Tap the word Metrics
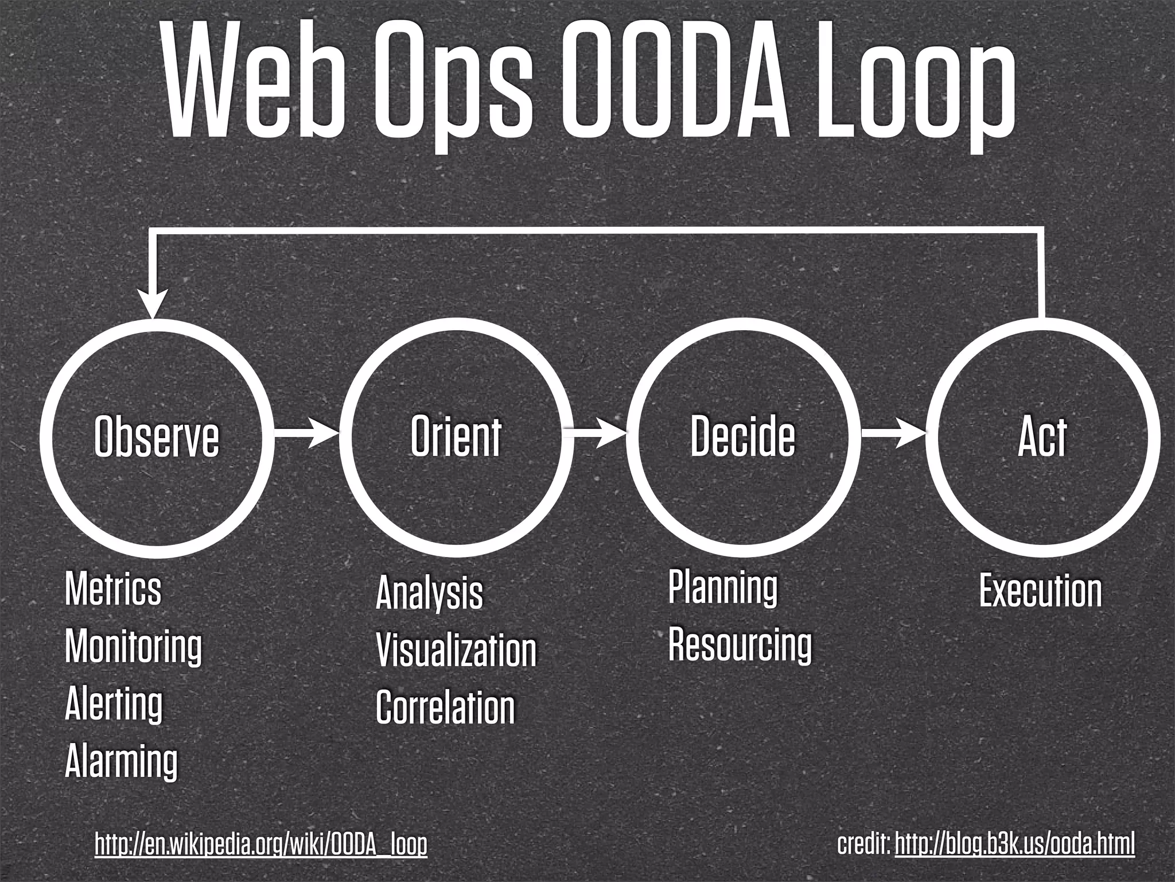[113, 589]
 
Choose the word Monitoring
[133, 647]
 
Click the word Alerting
[114, 704]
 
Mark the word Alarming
[121, 761]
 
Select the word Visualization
[456, 651]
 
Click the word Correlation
[445, 707]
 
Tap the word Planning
[723, 587]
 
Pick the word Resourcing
[740, 645]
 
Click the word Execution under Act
[1040, 591]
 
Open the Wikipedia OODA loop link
[261, 844]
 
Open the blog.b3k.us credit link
[1014, 844]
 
